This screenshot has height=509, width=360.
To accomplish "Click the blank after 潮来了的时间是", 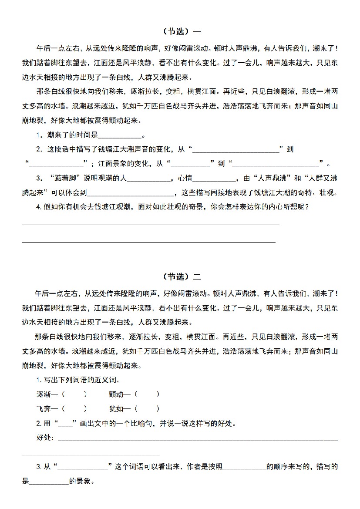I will [x=120, y=135].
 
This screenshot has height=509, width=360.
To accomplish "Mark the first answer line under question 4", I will [x=150, y=224].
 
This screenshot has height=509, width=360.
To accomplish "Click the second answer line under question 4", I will [x=148, y=240].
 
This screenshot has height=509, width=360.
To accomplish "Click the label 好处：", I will [x=46, y=438].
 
